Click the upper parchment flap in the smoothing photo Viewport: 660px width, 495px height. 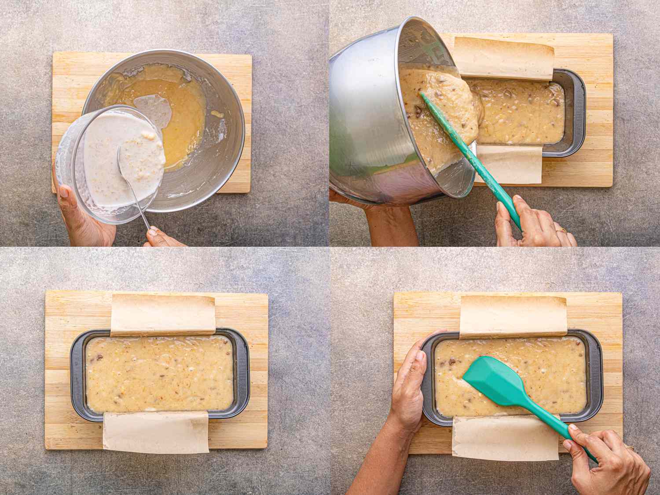click(513, 316)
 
